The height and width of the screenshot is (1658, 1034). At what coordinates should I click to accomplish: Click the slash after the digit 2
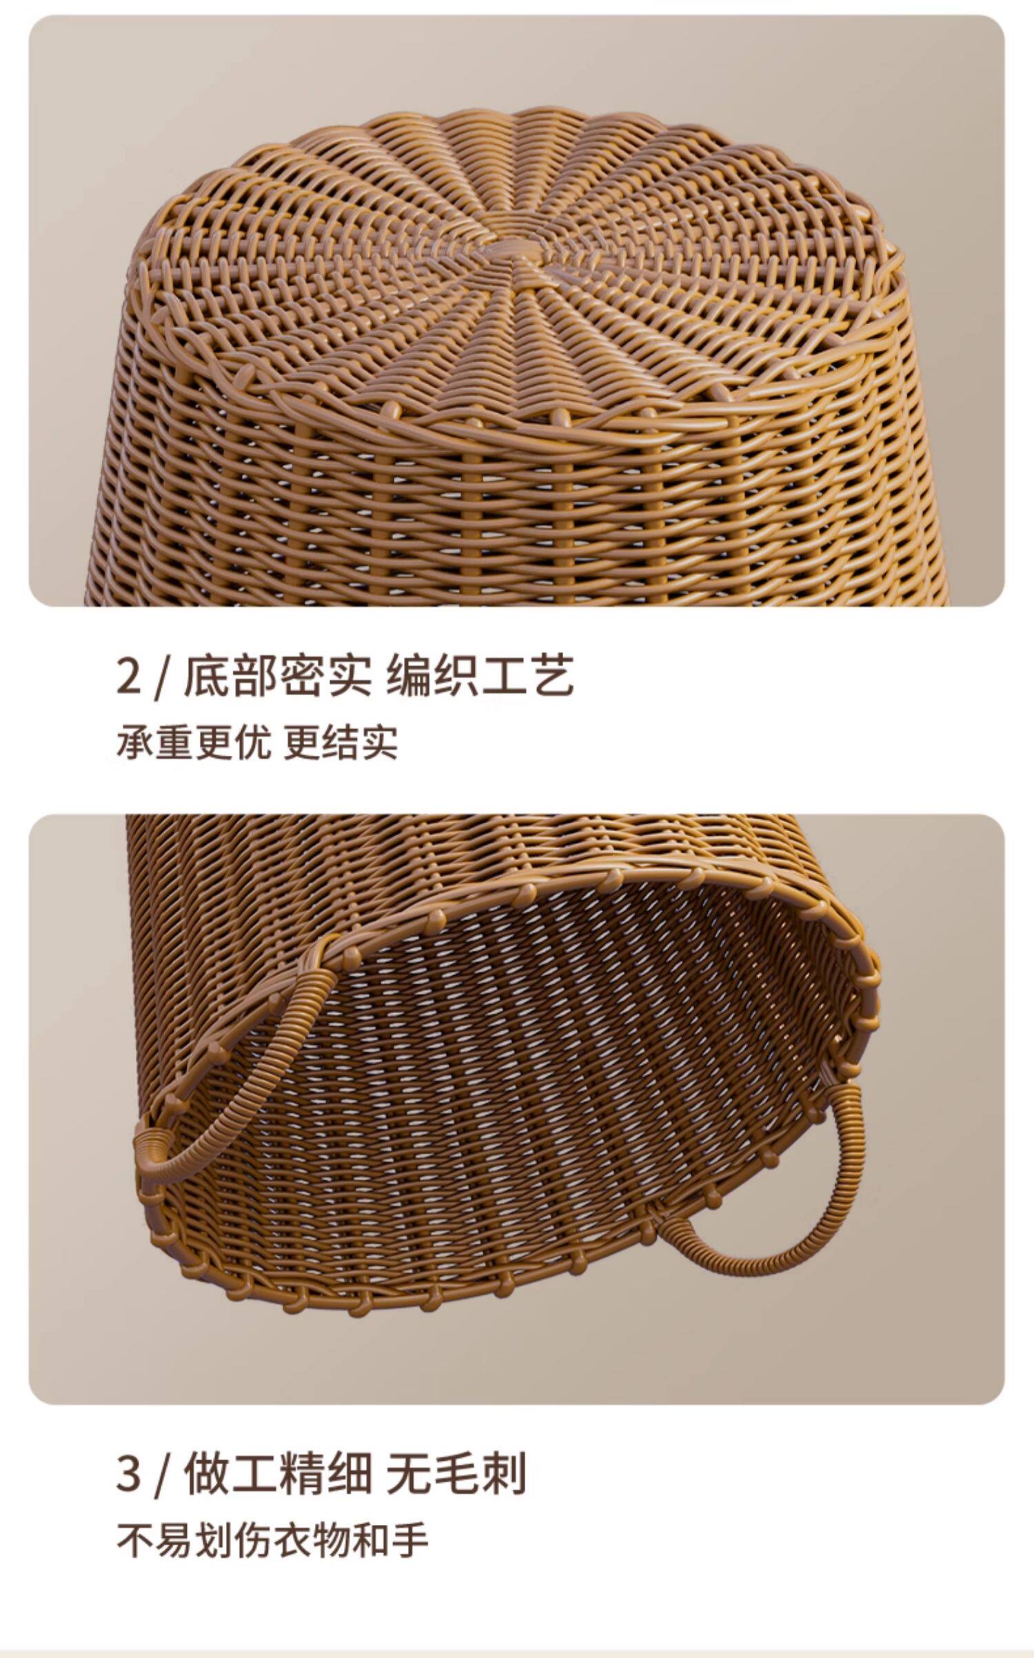pos(161,678)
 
